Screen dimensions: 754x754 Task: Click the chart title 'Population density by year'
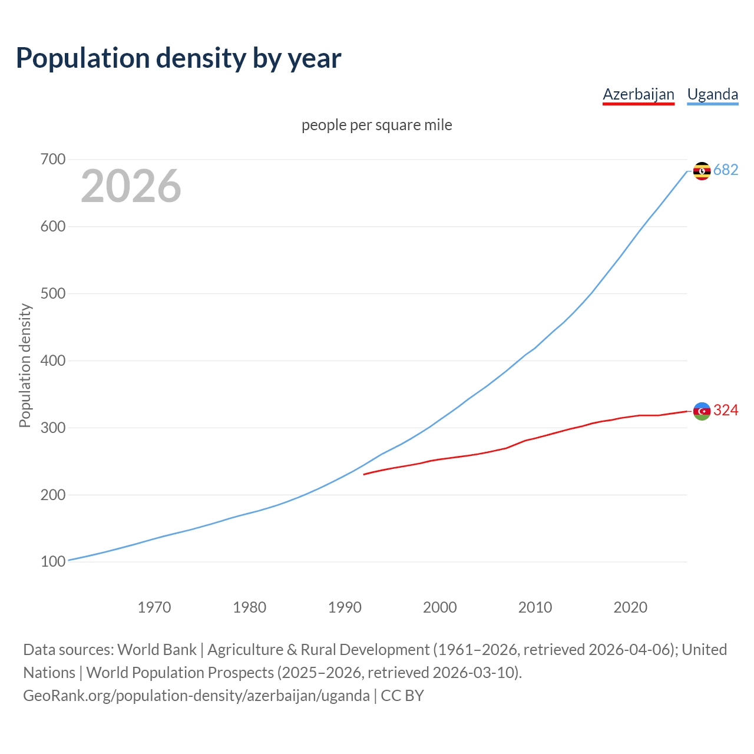(178, 58)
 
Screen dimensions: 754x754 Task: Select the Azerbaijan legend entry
(638, 94)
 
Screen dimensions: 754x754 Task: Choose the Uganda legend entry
(712, 94)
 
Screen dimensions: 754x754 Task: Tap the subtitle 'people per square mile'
(376, 125)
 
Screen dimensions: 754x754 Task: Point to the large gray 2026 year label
(131, 186)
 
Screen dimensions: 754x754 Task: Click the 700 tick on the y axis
(53, 160)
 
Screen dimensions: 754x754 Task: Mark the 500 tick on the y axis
(53, 293)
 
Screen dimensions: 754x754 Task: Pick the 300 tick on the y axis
(53, 428)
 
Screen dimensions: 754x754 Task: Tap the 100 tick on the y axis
(53, 561)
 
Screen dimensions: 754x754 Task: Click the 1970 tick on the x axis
(154, 607)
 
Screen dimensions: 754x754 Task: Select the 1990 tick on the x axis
(345, 607)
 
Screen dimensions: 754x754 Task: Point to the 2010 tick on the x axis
(535, 607)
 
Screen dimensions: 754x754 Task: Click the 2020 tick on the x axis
(630, 607)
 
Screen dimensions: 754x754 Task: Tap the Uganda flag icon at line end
(702, 171)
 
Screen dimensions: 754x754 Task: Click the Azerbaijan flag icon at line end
(702, 411)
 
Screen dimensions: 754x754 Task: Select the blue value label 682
(726, 170)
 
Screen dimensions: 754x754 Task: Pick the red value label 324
(726, 410)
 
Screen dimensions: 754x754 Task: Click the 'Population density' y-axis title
(25, 365)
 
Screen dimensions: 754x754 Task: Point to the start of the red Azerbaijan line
(365, 474)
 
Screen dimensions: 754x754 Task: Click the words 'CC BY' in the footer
(402, 695)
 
